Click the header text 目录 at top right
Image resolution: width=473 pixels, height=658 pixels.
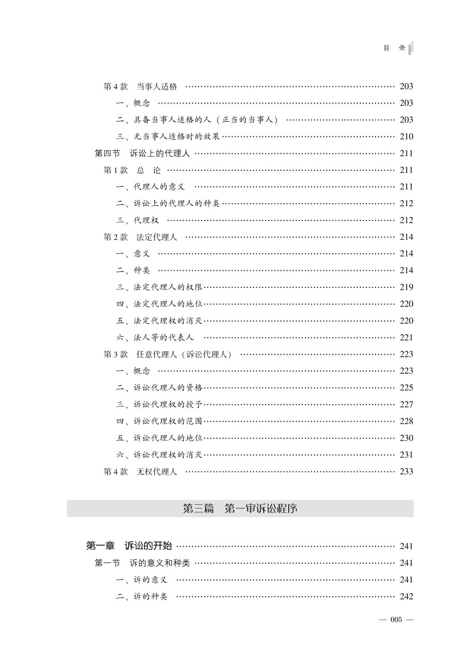click(394, 48)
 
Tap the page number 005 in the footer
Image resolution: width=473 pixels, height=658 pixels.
click(396, 620)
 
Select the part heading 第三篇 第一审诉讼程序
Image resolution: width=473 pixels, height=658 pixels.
click(240, 508)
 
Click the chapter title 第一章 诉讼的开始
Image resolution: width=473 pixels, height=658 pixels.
click(129, 546)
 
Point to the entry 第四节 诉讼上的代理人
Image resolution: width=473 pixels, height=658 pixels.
click(142, 153)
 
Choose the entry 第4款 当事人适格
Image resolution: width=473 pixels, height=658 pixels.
click(140, 86)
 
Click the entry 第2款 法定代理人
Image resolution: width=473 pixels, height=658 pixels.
click(140, 237)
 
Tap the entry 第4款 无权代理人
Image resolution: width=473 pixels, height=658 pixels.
click(140, 472)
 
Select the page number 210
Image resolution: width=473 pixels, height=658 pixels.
click(406, 137)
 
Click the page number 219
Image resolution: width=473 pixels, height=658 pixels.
click(406, 287)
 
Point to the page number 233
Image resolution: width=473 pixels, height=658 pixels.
click(406, 472)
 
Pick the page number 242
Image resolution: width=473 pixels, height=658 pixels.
click(406, 597)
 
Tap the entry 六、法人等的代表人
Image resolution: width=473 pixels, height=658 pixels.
click(155, 338)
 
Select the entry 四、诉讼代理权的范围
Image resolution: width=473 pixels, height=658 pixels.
click(159, 421)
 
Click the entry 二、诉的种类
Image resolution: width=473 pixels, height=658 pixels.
click(142, 597)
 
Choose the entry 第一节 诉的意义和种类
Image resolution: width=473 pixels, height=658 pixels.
click(142, 563)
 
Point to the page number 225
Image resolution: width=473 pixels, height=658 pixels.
click(406, 388)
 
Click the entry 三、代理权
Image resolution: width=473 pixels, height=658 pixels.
click(137, 221)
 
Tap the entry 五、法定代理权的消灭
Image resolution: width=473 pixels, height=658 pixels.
click(159, 321)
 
